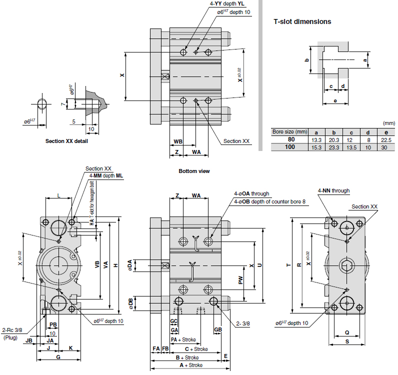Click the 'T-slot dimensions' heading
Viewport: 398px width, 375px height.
point(302,21)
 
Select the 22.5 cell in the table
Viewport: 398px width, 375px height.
point(384,139)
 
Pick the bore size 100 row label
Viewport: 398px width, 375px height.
point(290,147)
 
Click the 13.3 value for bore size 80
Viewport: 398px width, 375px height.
point(317,139)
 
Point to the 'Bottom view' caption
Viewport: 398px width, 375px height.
point(194,171)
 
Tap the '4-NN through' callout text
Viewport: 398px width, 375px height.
point(333,190)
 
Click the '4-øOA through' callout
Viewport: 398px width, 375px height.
point(251,193)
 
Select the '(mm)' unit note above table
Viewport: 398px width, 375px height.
point(388,123)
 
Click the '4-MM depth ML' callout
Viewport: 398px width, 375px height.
point(106,176)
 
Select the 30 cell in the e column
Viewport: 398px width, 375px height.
point(384,147)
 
